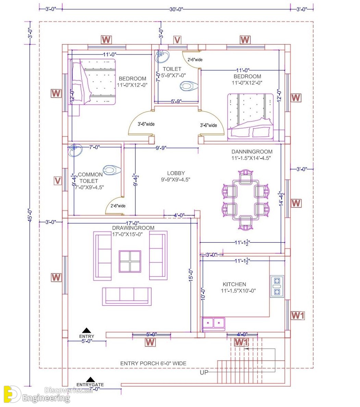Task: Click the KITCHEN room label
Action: tap(234, 284)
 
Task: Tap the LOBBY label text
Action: tap(176, 173)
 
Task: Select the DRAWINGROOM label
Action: tap(133, 228)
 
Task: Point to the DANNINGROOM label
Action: tap(252, 152)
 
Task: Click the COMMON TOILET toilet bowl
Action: tap(112, 170)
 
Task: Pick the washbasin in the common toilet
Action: tap(75, 150)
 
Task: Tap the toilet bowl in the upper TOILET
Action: tap(189, 86)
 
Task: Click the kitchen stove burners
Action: tap(277, 286)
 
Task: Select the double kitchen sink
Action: tap(213, 323)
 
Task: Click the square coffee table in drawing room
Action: tap(130, 262)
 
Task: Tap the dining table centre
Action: tap(246, 200)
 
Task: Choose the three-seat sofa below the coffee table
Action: tap(127, 296)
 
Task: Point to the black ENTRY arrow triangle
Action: tap(87, 330)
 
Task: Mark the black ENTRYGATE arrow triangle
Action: tap(90, 380)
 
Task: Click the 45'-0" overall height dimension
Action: tap(30, 215)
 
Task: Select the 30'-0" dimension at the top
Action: tap(176, 9)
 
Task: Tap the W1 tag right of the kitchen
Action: tap(297, 316)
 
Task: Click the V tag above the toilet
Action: tap(177, 40)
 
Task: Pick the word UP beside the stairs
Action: tap(204, 372)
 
